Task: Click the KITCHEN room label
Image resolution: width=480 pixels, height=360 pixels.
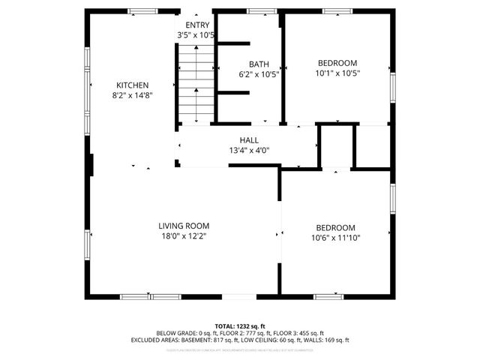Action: point(132,85)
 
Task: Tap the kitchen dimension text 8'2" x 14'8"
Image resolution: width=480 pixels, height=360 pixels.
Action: point(132,95)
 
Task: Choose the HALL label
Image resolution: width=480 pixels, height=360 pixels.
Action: point(249,140)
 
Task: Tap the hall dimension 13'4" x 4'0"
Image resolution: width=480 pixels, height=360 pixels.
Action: point(249,151)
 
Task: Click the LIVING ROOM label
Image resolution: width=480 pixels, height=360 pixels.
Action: point(184,226)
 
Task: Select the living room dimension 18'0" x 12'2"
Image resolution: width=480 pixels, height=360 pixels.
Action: point(184,236)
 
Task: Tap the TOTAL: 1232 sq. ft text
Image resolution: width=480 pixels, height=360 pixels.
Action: point(240,325)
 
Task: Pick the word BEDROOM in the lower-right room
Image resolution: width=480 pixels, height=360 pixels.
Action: point(335,228)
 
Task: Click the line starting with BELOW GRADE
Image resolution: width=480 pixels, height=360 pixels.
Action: point(240,333)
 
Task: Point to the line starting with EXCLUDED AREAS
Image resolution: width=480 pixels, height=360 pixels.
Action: point(240,340)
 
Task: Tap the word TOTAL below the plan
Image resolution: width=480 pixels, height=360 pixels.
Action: point(225,325)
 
